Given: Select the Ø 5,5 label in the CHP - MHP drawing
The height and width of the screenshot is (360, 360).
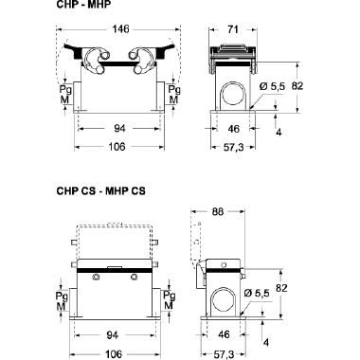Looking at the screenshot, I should pyautogui.click(x=272, y=85).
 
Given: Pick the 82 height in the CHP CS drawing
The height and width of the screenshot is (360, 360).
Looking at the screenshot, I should pyautogui.click(x=309, y=285).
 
